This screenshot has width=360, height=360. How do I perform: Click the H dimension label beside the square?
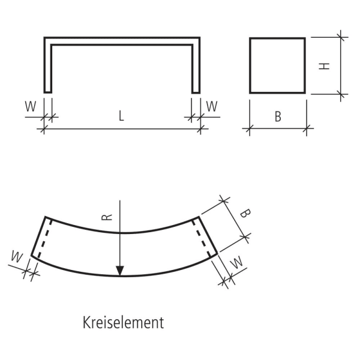click(325, 65)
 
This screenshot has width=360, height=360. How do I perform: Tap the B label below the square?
click(278, 117)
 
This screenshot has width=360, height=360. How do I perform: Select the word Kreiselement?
click(123, 323)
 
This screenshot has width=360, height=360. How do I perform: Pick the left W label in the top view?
click(30, 106)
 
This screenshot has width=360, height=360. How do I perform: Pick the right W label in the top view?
click(211, 106)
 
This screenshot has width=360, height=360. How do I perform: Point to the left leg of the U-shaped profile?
click(47, 66)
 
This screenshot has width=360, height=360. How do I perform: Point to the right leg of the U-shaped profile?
click(196, 66)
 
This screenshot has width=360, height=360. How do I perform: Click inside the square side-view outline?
click(277, 65)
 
